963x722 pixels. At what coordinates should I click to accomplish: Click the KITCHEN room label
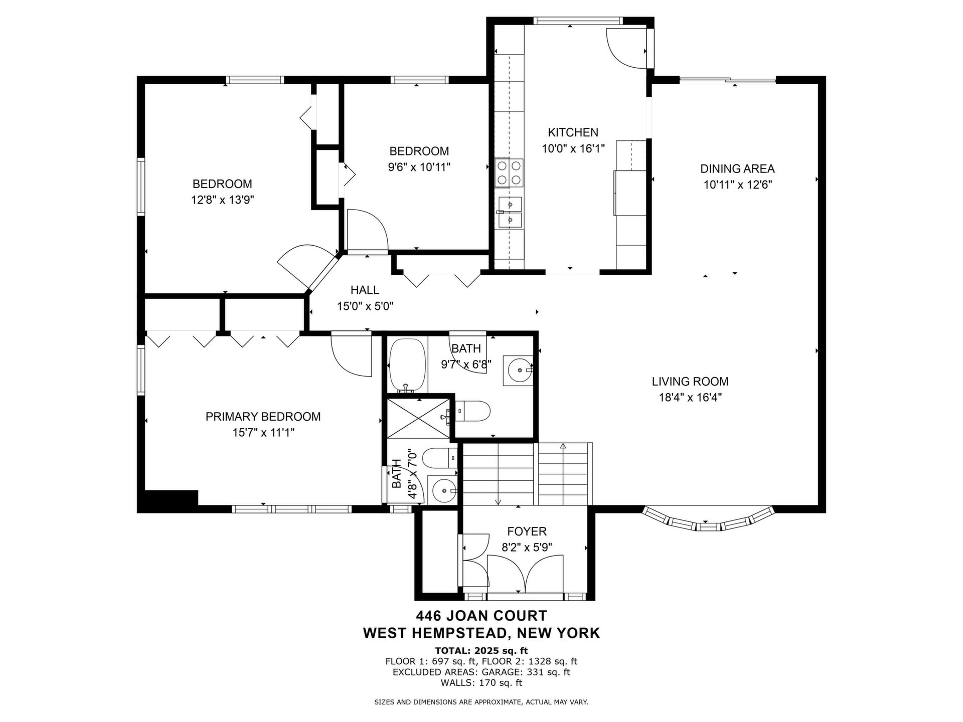pyautogui.click(x=573, y=132)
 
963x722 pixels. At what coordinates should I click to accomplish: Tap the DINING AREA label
pyautogui.click(x=737, y=168)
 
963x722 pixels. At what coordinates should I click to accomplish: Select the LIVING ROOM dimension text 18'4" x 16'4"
pyautogui.click(x=690, y=398)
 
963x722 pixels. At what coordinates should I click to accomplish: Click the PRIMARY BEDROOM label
pyautogui.click(x=263, y=416)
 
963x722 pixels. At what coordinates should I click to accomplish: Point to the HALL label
pyautogui.click(x=365, y=290)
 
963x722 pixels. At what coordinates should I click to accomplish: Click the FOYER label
pyautogui.click(x=527, y=531)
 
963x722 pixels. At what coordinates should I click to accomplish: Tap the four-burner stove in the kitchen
pyautogui.click(x=509, y=173)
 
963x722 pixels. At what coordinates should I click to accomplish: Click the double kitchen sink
pyautogui.click(x=510, y=212)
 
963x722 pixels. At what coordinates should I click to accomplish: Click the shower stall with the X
pyautogui.click(x=419, y=418)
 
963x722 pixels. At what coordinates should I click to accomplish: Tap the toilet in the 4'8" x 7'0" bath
pyautogui.click(x=439, y=458)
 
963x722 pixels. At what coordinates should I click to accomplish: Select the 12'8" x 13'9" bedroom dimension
pyautogui.click(x=223, y=200)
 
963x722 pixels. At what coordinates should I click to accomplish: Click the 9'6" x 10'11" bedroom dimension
pyautogui.click(x=419, y=167)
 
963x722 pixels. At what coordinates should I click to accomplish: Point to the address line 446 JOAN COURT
pyautogui.click(x=481, y=615)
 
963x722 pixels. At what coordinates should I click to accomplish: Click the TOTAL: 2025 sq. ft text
pyautogui.click(x=481, y=651)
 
